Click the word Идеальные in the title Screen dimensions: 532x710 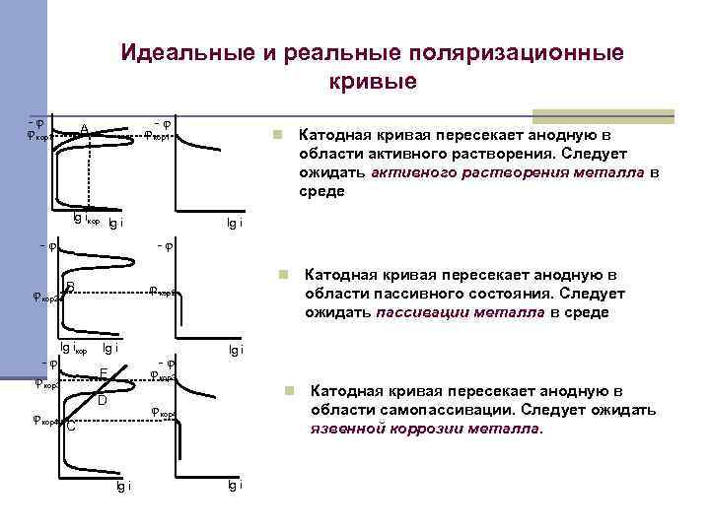coord(181,52)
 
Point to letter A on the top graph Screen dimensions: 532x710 coord(85,129)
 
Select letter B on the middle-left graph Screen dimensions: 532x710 coord(71,287)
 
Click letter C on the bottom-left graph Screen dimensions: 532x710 coord(71,426)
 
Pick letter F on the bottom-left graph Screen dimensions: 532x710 coord(104,373)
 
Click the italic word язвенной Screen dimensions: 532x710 coord(344,430)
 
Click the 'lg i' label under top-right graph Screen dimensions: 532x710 coord(233,224)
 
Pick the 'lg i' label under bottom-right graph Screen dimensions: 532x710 coord(233,485)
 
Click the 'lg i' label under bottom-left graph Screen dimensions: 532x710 coord(123,486)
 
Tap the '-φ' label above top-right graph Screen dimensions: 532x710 coord(163,123)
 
